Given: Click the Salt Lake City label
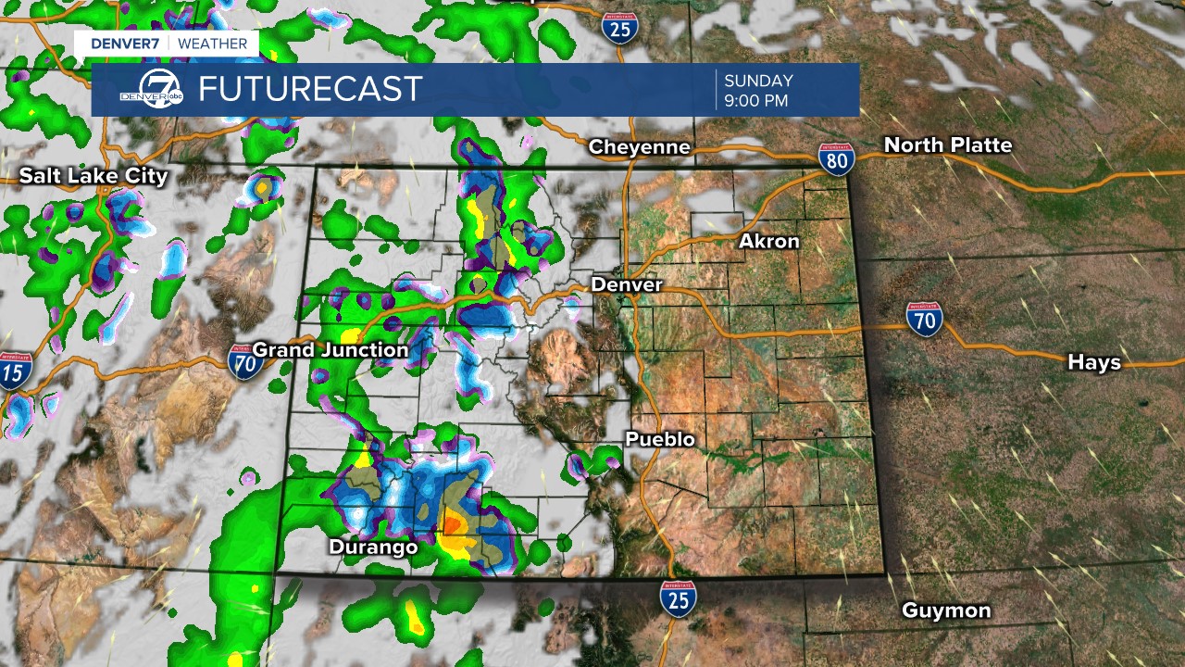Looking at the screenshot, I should pyautogui.click(x=94, y=176).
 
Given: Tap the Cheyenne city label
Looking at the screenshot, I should pyautogui.click(x=640, y=147).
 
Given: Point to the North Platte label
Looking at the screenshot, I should pyautogui.click(x=948, y=145).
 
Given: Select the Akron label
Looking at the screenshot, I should pyautogui.click(x=768, y=242).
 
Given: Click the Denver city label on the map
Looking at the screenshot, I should pyautogui.click(x=627, y=284).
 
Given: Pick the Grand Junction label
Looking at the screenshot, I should pyautogui.click(x=330, y=350).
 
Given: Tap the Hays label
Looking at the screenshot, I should pyautogui.click(x=1094, y=362).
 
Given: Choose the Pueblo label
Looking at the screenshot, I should pyautogui.click(x=660, y=439).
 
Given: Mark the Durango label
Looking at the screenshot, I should pyautogui.click(x=373, y=547).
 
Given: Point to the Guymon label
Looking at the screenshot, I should pyautogui.click(x=946, y=610).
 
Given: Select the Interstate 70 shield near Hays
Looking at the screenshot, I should pyautogui.click(x=924, y=319).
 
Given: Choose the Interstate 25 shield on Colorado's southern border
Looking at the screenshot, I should pyautogui.click(x=679, y=598).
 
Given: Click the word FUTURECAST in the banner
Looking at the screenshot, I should pyautogui.click(x=310, y=90).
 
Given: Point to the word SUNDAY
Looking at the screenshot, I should pyautogui.click(x=758, y=80).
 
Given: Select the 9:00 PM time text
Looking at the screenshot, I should pyautogui.click(x=756, y=100).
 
